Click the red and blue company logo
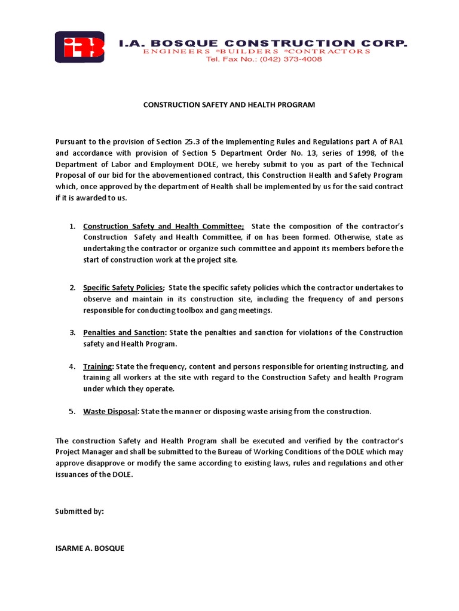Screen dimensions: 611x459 [x=79, y=47]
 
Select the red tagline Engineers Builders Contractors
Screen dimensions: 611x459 [x=256, y=52]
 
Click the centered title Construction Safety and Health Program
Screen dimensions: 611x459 [x=229, y=105]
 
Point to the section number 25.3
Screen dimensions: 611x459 [x=191, y=141]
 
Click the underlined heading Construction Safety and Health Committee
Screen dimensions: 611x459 [x=163, y=226]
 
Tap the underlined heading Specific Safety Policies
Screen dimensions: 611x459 [x=123, y=288]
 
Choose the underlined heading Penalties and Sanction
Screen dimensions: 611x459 [x=124, y=332]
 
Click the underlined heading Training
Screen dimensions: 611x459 [x=98, y=366]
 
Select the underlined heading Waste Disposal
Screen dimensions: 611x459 [x=111, y=412]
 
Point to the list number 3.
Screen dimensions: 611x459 [x=71, y=332]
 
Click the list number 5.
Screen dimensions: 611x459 [x=71, y=412]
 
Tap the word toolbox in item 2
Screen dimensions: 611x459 [x=200, y=310]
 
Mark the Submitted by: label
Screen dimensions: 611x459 [x=79, y=511]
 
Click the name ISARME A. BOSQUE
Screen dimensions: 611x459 [x=90, y=548]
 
